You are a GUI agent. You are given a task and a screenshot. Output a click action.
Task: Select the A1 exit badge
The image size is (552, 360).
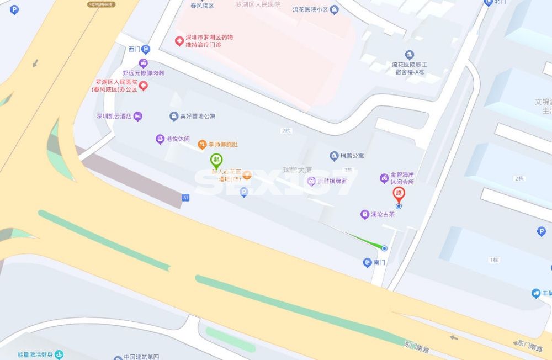[x=185, y=197]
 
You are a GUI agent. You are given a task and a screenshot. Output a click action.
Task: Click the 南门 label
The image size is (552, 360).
[x=379, y=263]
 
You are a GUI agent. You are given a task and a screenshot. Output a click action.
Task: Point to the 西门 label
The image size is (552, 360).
[x=135, y=49]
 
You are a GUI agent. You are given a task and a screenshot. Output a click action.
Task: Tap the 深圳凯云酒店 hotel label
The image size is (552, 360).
[x=114, y=117]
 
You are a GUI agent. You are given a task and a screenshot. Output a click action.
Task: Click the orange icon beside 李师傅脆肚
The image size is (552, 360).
[x=203, y=144]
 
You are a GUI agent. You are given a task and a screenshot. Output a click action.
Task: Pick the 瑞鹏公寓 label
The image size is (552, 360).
[x=351, y=156]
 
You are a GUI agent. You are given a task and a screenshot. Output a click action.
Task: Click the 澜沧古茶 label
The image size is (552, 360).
[x=383, y=214]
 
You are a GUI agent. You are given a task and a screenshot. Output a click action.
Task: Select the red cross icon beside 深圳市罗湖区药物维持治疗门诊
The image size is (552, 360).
[x=179, y=41]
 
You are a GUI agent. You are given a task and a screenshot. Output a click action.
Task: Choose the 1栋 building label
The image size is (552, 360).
[x=493, y=260]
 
